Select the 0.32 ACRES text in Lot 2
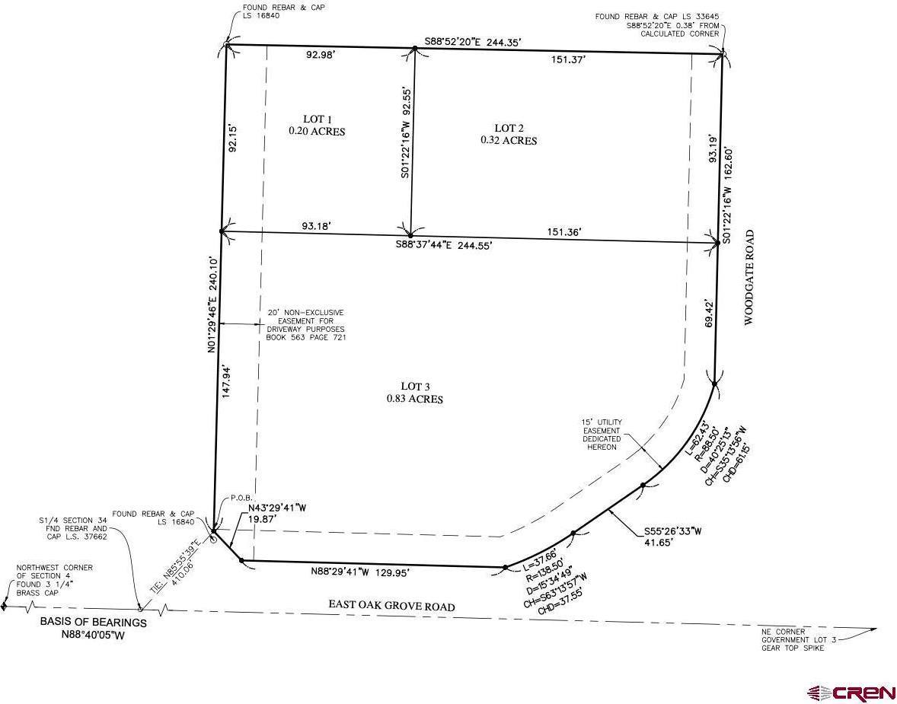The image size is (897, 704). (x=508, y=141)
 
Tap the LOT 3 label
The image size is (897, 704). (x=414, y=386)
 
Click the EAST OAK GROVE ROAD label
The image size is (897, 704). (x=391, y=606)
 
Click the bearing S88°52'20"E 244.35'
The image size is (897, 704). (x=473, y=42)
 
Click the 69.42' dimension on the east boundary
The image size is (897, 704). (x=710, y=314)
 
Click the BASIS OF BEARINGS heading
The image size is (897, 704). (x=93, y=622)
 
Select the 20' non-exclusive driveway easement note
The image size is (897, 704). (x=305, y=325)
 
